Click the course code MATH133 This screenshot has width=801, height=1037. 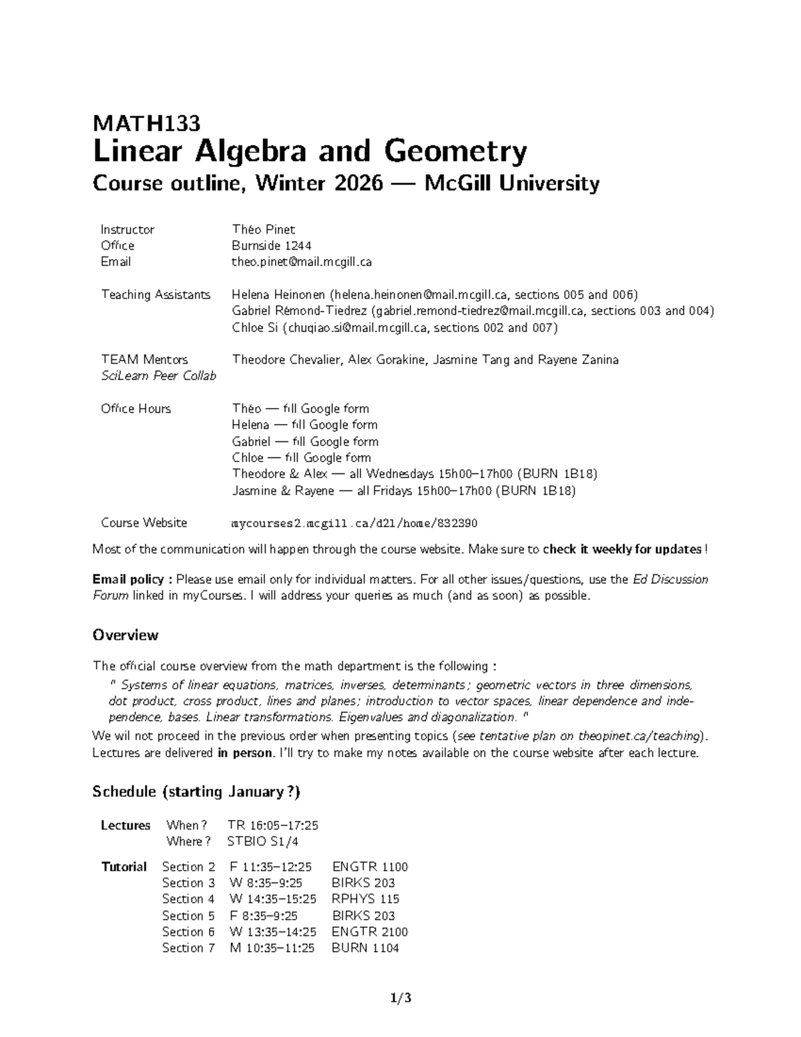pyautogui.click(x=146, y=124)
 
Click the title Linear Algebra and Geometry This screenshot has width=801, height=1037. pyautogui.click(x=310, y=152)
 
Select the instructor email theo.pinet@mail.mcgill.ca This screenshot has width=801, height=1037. pyautogui.click(x=301, y=262)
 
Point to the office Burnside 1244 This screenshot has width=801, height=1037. pyautogui.click(x=271, y=246)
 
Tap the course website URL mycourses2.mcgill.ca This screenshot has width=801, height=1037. pyautogui.click(x=354, y=523)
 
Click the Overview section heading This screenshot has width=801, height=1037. pyautogui.click(x=125, y=635)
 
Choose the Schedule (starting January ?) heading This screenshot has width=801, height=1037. pyautogui.click(x=196, y=792)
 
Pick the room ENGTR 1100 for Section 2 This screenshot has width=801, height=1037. pyautogui.click(x=369, y=867)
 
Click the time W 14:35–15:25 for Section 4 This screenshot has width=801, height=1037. pyautogui.click(x=272, y=899)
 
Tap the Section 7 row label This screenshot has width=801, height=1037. pyautogui.click(x=188, y=948)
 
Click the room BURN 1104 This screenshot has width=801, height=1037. pyautogui.click(x=365, y=948)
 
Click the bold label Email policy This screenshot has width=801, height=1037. pyautogui.click(x=132, y=580)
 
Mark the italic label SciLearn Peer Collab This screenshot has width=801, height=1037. pyautogui.click(x=158, y=376)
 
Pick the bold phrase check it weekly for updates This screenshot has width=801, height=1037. pyautogui.click(x=622, y=550)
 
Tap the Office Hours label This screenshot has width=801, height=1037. pyautogui.click(x=136, y=409)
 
